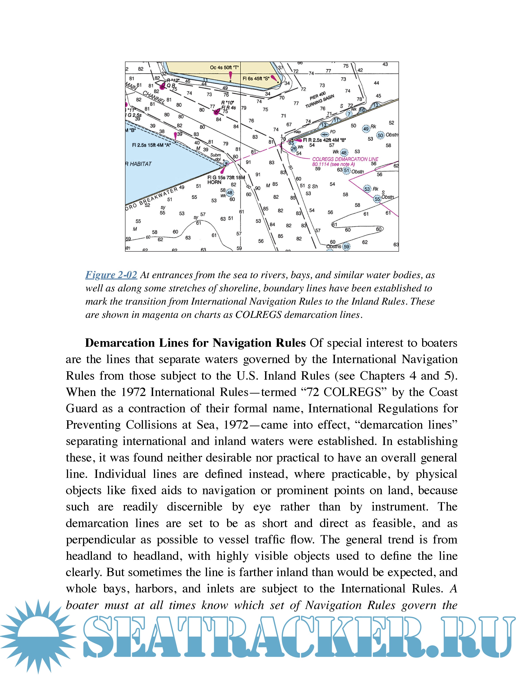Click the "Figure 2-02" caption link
111,275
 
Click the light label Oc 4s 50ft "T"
224,67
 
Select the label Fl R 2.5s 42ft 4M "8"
324,140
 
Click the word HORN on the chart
214,182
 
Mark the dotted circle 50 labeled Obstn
380,135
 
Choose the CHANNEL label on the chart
154,97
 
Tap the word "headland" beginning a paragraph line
88,556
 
